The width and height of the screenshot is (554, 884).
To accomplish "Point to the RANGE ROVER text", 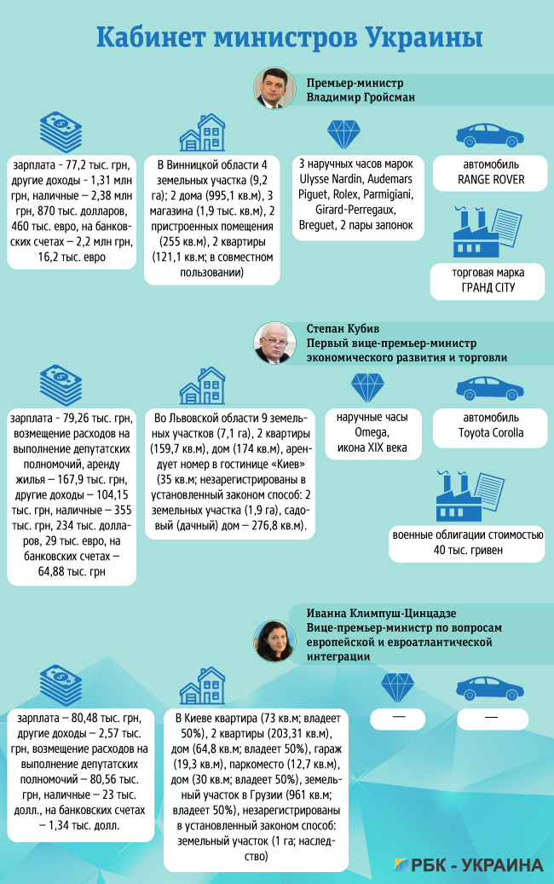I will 490,179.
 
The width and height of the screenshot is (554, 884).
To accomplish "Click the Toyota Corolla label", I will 493,432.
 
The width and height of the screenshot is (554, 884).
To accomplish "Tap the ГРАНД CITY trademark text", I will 485,289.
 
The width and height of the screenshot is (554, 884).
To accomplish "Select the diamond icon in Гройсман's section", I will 345,134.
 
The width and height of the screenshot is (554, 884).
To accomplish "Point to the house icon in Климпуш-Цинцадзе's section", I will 202,687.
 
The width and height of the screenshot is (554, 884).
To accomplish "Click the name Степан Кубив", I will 342,328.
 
